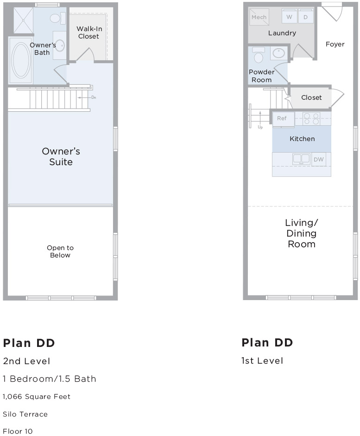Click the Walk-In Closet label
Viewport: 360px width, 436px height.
click(x=89, y=32)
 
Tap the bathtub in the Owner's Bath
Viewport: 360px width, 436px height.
click(x=21, y=60)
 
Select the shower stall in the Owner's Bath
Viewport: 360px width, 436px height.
click(x=23, y=20)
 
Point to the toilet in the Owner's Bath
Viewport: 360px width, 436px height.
click(x=57, y=19)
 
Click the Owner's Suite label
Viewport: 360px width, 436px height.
click(x=61, y=157)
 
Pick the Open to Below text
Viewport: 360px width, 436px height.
click(x=60, y=251)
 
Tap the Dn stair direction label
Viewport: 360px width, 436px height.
click(x=94, y=97)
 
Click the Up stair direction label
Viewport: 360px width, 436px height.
click(x=260, y=127)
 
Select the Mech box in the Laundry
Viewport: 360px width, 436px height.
click(x=259, y=17)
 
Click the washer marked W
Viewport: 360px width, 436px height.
click(x=289, y=17)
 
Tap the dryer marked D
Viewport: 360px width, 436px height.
click(x=305, y=17)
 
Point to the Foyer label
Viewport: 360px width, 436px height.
click(x=335, y=44)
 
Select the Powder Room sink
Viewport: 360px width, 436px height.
click(x=278, y=53)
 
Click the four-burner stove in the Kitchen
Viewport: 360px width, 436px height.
click(x=311, y=118)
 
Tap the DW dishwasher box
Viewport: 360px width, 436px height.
click(x=319, y=160)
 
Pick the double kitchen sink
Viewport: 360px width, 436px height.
click(x=301, y=159)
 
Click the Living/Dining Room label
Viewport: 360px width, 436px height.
click(x=301, y=233)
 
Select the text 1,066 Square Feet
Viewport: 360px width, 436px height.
click(x=37, y=397)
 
